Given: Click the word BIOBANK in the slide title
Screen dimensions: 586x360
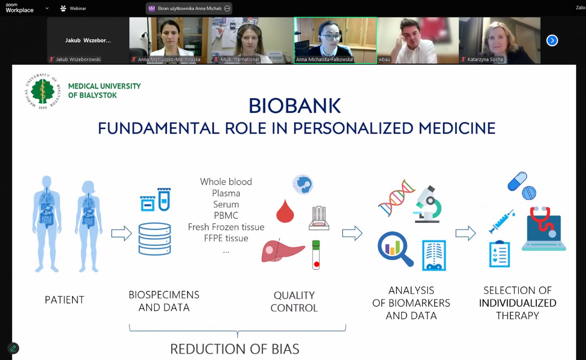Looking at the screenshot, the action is point(295,106).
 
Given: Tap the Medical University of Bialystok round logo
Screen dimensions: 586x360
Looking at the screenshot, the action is point(43,91).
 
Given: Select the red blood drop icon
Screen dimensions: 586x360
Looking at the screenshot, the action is point(285,211).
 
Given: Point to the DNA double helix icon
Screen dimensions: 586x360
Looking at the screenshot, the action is point(396,198).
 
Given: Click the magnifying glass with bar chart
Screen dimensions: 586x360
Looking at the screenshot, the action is point(395,249).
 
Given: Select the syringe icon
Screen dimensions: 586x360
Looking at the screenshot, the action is point(502,221).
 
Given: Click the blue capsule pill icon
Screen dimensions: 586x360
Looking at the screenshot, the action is point(517,181).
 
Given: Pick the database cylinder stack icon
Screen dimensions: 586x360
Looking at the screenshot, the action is point(155,239).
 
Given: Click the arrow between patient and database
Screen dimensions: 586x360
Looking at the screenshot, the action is point(121,233).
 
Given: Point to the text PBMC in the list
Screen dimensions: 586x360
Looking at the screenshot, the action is point(226,216).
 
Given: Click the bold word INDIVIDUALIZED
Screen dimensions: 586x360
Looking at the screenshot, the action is point(518,303).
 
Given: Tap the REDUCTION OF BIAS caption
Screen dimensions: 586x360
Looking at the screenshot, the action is point(235,349).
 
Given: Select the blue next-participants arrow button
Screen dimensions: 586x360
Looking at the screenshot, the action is point(552,40).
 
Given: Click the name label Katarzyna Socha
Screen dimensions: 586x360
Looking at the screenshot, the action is point(485,59).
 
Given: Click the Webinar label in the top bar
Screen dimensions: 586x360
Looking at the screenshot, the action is point(78,8).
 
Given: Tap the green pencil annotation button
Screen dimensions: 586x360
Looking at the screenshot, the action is point(13,348).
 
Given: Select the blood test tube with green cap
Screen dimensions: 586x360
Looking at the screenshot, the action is point(316,255).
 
